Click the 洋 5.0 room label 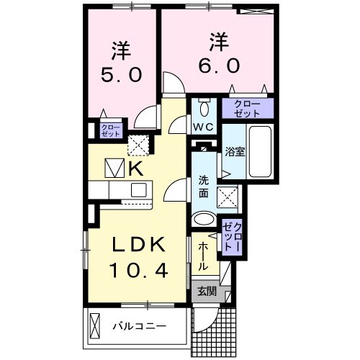(120, 63)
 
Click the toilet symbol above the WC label (204, 109)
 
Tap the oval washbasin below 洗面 (204, 219)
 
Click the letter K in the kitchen (135, 168)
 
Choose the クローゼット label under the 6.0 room (247, 108)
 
